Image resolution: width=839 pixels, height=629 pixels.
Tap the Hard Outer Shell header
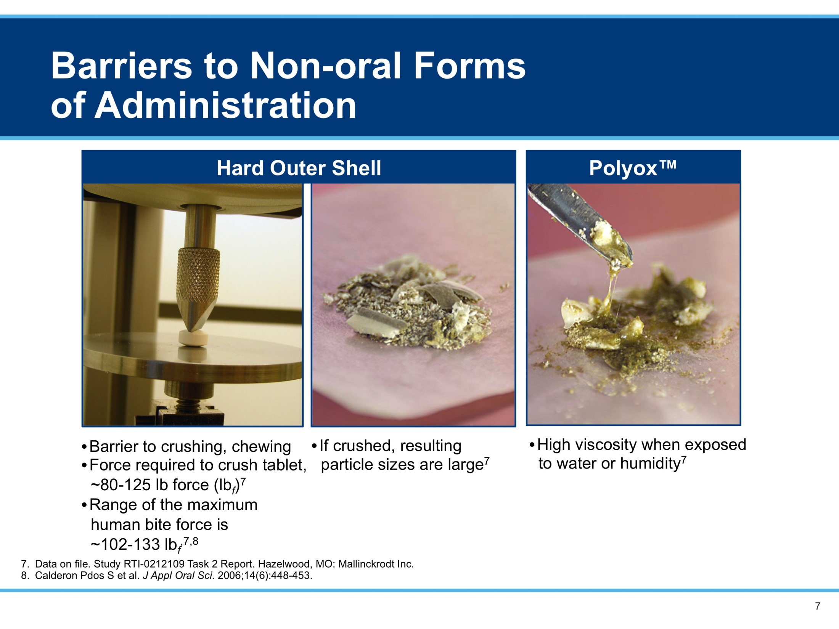299,168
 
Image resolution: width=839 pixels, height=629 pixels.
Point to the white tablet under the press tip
194,339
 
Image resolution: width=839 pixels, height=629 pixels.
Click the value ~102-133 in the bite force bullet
126,544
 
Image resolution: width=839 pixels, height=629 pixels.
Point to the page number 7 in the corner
817,606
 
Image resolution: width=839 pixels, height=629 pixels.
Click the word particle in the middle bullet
345,465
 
